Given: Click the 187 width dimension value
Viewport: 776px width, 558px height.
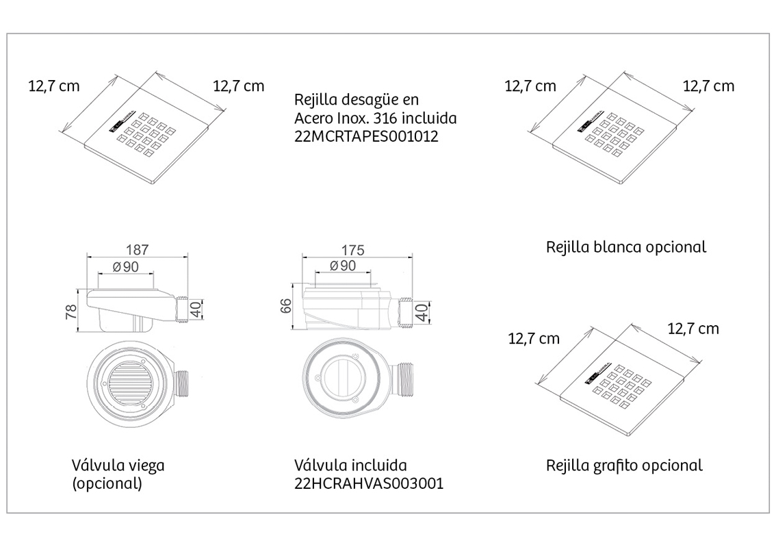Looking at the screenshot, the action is point(137,249).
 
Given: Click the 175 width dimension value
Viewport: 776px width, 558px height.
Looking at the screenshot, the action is point(353,250).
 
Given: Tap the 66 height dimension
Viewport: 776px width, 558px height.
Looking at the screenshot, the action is point(286,305).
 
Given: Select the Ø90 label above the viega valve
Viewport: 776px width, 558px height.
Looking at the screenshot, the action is point(126,267).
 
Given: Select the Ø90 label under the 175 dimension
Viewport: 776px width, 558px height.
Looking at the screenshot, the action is point(342,266).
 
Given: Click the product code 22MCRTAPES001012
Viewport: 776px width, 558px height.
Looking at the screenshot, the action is point(366,136).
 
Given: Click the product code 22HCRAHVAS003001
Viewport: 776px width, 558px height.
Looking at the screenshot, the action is point(369,483).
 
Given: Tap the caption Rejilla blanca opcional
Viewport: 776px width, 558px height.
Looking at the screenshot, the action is point(626,247).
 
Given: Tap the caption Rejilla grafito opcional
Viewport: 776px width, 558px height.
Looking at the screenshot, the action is point(624,466).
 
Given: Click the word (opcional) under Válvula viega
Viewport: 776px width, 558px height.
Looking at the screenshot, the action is point(107,483).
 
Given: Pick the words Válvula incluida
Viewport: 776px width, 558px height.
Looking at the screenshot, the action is point(350,465).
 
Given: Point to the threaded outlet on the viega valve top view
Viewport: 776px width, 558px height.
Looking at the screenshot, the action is point(181,384).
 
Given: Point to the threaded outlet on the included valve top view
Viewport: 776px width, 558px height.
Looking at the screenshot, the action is point(404,379).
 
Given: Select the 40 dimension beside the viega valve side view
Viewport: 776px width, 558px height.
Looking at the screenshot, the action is point(196,309).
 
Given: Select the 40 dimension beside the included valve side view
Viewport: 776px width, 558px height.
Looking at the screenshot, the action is point(422,312).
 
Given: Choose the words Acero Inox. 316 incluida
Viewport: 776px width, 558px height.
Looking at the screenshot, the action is point(375,118).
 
